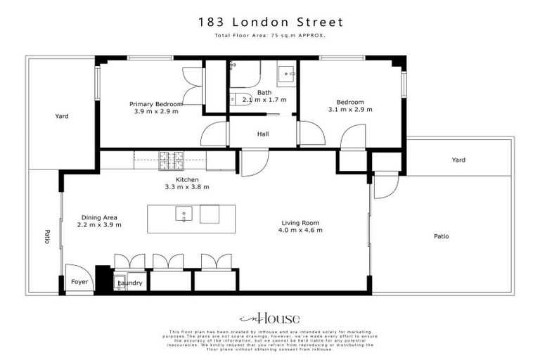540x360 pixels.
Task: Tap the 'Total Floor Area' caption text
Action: coord(270,35)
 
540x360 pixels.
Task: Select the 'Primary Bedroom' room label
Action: coord(155,104)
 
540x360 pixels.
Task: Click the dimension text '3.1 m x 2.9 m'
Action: coord(350,110)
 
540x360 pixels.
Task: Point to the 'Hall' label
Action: coord(263,134)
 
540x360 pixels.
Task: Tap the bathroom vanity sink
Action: coord(288,73)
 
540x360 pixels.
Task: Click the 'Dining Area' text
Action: coord(99,217)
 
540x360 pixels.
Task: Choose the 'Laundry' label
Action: coord(131,283)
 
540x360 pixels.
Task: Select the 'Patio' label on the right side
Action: coord(441,236)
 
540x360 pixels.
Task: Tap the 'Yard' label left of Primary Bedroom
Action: coord(62,116)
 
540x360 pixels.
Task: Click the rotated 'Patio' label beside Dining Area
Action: coord(47,236)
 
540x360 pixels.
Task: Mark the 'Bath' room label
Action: coord(264,92)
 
